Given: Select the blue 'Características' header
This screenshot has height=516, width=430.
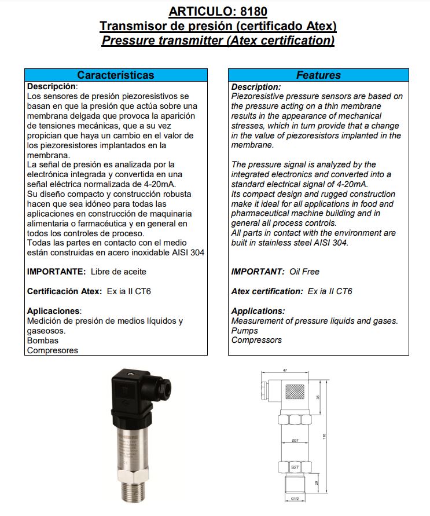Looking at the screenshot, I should (116, 75).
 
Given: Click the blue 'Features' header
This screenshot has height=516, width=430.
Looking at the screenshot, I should (318, 75).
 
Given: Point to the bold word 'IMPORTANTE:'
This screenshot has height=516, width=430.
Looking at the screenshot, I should (56, 272).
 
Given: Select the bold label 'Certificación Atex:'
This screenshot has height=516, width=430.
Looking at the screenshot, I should (64, 291).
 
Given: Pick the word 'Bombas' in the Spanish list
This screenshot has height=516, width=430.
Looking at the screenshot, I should (43, 341).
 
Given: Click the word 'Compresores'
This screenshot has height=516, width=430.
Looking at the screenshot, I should (53, 350).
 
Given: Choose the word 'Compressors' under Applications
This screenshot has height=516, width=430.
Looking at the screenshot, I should (256, 341).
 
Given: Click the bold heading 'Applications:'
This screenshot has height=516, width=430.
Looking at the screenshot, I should (258, 311).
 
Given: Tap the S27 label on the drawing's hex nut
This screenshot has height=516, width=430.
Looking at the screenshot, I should (294, 467).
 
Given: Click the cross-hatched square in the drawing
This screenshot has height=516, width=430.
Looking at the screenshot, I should (295, 392).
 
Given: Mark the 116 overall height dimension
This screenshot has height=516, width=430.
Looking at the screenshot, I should (325, 436).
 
